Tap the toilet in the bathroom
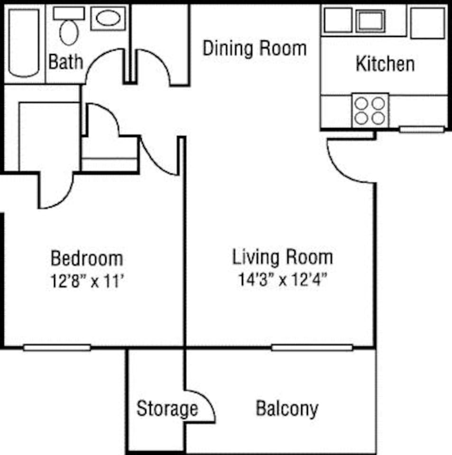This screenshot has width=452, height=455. pos(69,28)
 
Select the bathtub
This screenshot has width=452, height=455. pos(24,43)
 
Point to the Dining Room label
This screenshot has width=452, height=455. pos(255,48)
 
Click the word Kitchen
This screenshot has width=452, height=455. pos(385,64)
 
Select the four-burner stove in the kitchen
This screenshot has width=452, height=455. pos(370,110)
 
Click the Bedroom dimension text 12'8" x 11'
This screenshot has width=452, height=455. pos(87,282)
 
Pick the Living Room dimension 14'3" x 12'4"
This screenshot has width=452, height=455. pos(284,280)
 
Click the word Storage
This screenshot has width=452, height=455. pos(167,409)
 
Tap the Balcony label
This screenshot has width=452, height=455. pos(287,409)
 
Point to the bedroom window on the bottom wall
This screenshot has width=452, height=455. pos(57,348)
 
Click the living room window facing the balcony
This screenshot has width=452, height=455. pos(312,348)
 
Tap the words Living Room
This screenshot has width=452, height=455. pos(282,257)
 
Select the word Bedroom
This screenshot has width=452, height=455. pos(87,259)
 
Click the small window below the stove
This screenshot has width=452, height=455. pos(421,129)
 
